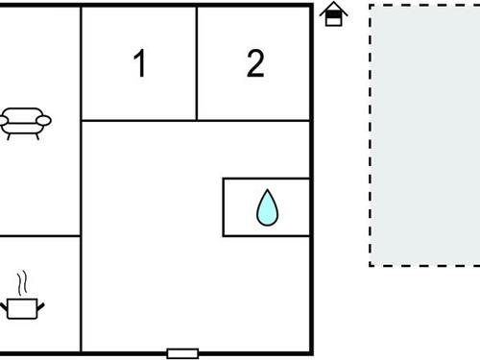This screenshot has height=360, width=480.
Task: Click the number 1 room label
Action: coord(140,65)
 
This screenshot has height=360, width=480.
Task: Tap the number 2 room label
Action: coord(254,64)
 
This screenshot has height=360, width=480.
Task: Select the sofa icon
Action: coord(26,121)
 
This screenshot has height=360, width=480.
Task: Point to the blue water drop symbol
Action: coord(267,207)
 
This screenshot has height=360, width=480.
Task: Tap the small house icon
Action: coord(333,14)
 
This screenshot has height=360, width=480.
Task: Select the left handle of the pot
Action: coord(5,304)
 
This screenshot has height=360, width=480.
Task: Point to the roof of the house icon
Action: coord(333,8)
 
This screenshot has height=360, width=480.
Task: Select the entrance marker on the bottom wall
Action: coord(182,352)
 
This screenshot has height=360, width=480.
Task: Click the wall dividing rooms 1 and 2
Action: coord(197,63)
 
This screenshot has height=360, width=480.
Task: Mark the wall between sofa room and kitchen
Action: coord(38,235)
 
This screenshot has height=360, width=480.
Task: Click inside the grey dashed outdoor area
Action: coord(424,134)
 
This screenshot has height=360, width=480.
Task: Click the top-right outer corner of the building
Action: coord(312,6)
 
